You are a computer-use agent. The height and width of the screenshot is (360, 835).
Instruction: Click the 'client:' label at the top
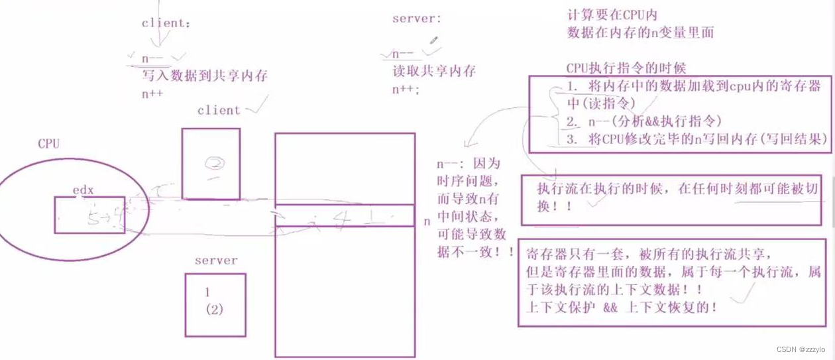tap(166, 23)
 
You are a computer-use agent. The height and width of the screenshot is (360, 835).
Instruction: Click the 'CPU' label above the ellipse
tap(48, 144)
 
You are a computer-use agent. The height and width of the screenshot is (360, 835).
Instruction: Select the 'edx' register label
tap(83, 190)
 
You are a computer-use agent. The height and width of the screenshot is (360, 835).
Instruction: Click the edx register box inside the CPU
tap(89, 214)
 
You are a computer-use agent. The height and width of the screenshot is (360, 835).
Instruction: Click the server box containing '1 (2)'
tap(215, 304)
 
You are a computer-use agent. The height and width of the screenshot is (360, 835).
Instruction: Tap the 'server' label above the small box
tap(215, 261)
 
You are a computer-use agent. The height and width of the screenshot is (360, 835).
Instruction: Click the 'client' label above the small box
tap(218, 110)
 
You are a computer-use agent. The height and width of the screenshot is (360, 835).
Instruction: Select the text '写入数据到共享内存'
tap(205, 76)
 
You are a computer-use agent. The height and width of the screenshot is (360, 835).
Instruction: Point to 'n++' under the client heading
tap(152, 94)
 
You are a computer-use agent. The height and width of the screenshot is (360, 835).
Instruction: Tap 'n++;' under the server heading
tap(406, 89)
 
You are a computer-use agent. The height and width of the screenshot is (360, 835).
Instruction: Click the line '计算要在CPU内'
tap(612, 15)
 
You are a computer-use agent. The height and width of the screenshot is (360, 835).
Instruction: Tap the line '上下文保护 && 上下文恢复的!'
tap(621, 308)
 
